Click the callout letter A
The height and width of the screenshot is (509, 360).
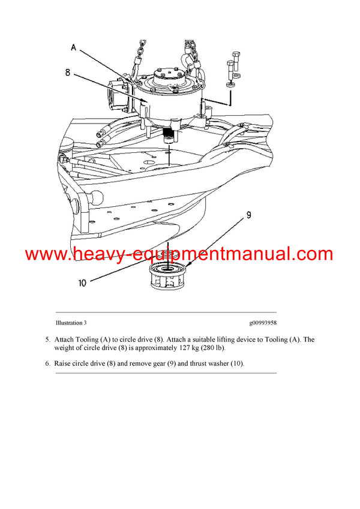coord(73,46)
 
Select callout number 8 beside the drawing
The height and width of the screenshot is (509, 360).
coord(68,73)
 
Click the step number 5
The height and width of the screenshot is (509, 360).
coord(47,339)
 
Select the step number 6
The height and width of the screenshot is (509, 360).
coord(47,363)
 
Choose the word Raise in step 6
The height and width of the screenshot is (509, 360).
coord(64,363)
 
